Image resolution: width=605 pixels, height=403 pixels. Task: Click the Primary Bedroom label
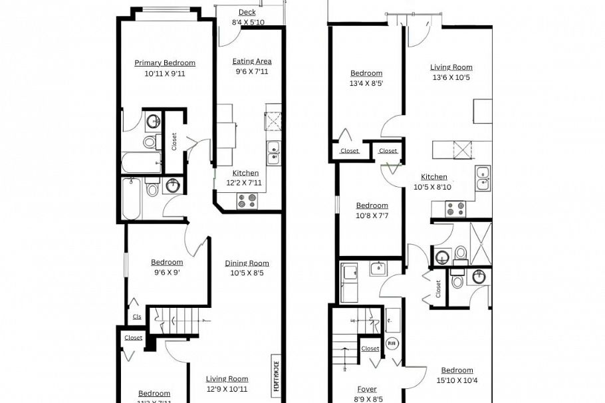tap(165, 63)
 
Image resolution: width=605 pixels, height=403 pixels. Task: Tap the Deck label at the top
tap(247, 12)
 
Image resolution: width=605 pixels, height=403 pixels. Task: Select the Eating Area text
tap(252, 61)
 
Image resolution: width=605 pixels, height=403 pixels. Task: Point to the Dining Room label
tap(247, 263)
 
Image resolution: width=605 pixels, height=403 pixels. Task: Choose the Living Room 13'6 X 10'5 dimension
tap(451, 77)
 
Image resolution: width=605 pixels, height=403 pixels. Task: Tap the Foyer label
tap(367, 390)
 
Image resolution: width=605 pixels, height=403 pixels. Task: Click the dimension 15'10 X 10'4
tap(457, 380)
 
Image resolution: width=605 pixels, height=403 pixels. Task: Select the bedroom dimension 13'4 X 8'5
tap(366, 84)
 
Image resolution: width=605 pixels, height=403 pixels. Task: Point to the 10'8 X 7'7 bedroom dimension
tap(372, 215)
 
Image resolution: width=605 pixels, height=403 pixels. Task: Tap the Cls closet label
tap(137, 317)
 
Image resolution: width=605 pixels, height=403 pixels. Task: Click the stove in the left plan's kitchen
tap(247, 200)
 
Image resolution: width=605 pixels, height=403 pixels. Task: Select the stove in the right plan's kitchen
tap(455, 209)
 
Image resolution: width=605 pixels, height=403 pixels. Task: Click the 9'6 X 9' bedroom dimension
tap(166, 272)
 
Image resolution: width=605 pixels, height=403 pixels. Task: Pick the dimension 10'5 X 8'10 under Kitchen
tap(433, 187)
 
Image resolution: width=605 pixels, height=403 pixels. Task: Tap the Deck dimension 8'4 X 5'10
tap(248, 22)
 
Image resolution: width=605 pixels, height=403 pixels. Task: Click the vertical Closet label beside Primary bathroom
tap(174, 142)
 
